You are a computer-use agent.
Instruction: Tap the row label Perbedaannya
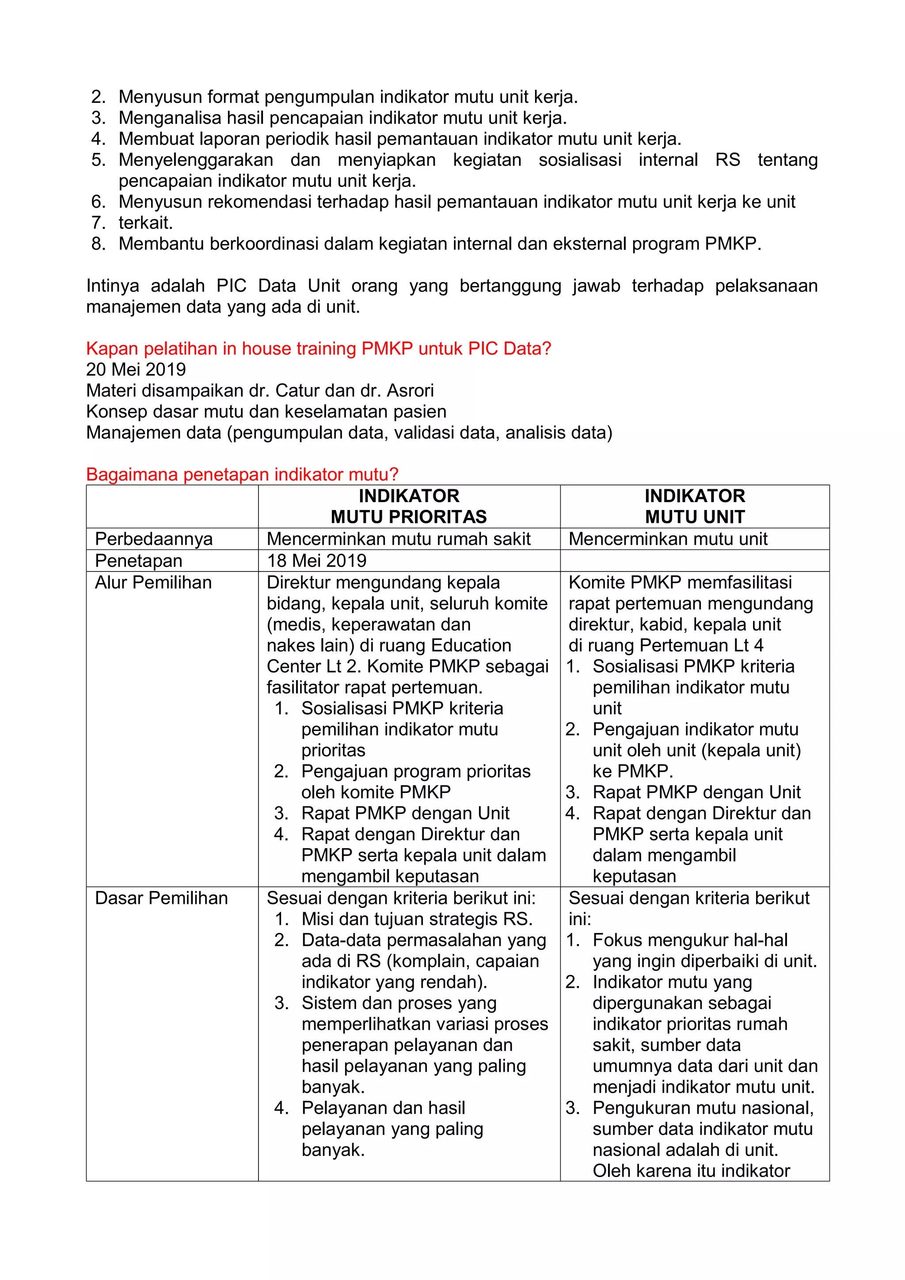(154, 539)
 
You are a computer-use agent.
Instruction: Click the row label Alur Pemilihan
(153, 583)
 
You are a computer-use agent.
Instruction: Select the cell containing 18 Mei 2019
(316, 561)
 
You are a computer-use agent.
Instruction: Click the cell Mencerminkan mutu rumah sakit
(399, 539)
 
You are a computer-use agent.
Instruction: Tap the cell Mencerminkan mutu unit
(668, 539)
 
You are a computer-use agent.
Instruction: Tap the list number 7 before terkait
(98, 223)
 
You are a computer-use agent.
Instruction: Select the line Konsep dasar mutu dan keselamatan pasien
(266, 411)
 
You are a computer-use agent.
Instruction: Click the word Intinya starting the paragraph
(113, 286)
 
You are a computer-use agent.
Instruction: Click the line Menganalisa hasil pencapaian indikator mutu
(342, 118)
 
